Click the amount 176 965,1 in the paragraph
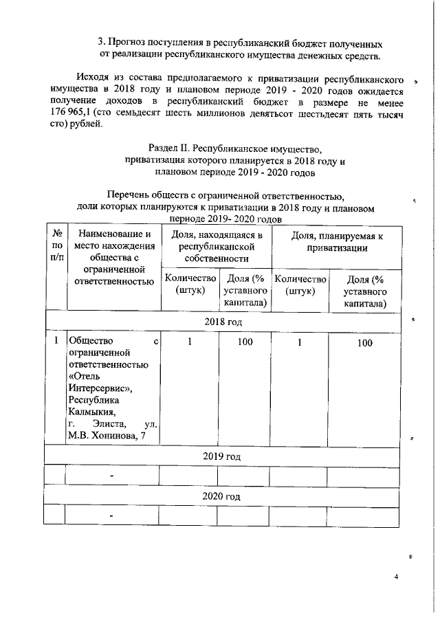(x=75, y=113)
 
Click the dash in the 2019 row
(x=111, y=476)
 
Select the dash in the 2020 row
(x=111, y=515)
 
